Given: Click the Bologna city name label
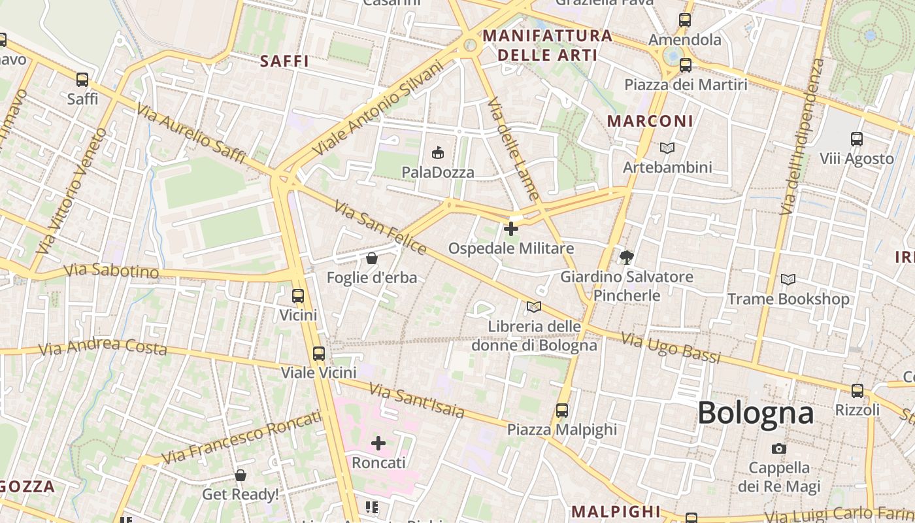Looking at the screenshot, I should click(756, 413).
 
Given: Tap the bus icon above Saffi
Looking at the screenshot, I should click(82, 80).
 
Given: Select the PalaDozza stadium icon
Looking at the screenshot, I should click(437, 153).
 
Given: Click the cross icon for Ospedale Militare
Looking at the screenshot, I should click(511, 229).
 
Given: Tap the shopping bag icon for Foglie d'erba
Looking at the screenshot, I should click(372, 258).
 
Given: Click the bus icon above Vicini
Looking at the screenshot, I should click(298, 295).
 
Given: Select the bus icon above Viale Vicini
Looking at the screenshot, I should click(319, 354).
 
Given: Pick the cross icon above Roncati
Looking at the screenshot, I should click(378, 443).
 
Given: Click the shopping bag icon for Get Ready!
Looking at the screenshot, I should click(241, 475).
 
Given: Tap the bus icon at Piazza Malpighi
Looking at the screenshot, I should click(562, 411).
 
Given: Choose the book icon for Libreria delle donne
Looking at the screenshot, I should click(534, 307).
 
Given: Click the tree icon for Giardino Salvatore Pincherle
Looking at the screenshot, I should click(627, 257).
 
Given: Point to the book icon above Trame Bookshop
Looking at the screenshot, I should click(788, 280).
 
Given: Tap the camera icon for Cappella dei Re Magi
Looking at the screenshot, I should click(779, 448).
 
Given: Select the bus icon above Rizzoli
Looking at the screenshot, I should click(857, 391).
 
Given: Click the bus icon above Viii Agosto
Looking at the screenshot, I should click(857, 139).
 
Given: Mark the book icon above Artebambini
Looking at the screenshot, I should click(667, 148).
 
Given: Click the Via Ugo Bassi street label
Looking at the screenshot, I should click(671, 348).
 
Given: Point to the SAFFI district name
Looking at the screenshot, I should click(284, 61).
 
